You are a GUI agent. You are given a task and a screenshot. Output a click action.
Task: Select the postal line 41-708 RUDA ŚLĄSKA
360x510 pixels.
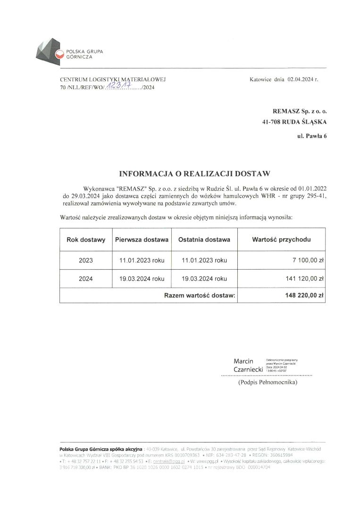click(x=294, y=122)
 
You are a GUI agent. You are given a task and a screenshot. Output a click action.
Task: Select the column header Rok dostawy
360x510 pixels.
click(x=86, y=239)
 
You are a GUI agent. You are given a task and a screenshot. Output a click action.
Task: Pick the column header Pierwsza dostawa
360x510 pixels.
click(x=142, y=239)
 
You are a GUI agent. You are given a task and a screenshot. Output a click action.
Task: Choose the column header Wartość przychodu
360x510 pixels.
click(x=282, y=239)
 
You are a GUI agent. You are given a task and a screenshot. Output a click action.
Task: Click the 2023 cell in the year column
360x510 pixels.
click(x=86, y=260)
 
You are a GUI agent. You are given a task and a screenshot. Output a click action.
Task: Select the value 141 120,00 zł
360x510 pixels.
click(x=305, y=279)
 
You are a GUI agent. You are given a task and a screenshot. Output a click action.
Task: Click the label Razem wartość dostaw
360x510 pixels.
click(x=200, y=296)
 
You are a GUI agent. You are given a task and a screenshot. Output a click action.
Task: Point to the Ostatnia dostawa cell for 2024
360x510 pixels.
click(x=204, y=279)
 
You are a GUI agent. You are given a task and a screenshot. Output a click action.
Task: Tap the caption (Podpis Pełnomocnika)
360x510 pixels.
click(x=268, y=382)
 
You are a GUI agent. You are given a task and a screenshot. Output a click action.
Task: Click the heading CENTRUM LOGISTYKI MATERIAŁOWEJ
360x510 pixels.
click(x=113, y=80)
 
